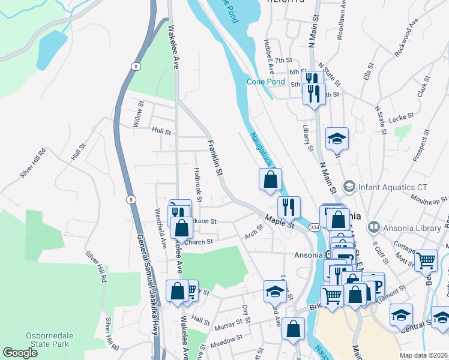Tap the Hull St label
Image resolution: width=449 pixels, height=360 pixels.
[161, 131]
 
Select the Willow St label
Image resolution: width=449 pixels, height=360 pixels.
[139, 113]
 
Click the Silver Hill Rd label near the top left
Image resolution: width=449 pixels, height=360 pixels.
[33, 163]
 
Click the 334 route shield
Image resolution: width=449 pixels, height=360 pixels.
[314, 228]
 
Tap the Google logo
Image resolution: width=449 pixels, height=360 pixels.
[20, 353]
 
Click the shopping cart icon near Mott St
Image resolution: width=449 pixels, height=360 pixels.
[426, 260]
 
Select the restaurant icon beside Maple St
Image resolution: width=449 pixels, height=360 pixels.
[289, 207]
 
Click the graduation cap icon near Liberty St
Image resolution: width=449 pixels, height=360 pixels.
[337, 138]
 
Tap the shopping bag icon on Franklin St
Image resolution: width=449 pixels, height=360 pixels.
[271, 179]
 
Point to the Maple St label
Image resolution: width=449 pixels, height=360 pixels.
[279, 221]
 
